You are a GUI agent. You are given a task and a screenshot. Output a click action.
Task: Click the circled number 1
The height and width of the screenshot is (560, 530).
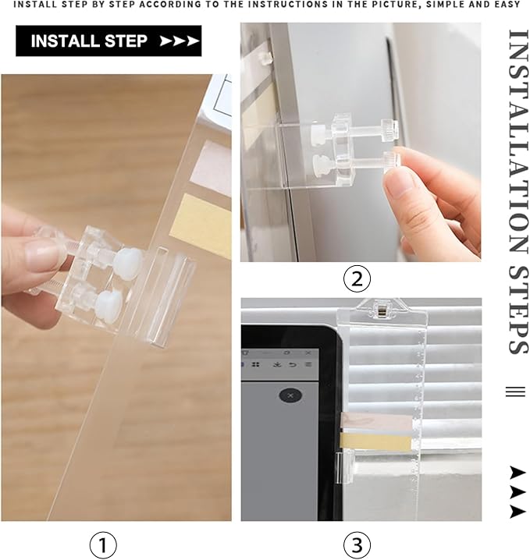click(x=103, y=544)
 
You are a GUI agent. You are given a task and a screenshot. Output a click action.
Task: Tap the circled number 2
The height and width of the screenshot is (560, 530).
click(x=357, y=278)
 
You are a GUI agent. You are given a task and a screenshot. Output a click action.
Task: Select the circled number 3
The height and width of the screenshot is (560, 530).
click(x=357, y=544)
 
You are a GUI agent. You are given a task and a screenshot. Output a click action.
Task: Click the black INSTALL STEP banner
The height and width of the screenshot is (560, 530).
click(x=108, y=41)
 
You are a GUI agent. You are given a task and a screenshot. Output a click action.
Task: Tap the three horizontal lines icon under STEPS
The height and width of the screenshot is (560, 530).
click(x=515, y=392)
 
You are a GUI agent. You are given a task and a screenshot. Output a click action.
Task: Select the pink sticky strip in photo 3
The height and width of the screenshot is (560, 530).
click(x=375, y=424)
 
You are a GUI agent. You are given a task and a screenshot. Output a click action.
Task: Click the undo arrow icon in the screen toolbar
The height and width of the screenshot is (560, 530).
click(x=292, y=364)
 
